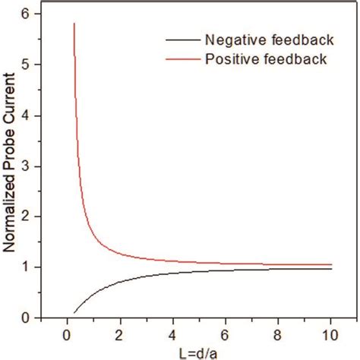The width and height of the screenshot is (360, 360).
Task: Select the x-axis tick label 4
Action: point(176,333)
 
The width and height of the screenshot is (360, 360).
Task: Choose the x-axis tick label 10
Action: point(331,333)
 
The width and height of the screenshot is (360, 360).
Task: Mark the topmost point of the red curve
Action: point(74,24)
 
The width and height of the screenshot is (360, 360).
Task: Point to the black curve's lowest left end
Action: point(74,312)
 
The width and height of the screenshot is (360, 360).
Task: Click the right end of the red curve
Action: point(331,264)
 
